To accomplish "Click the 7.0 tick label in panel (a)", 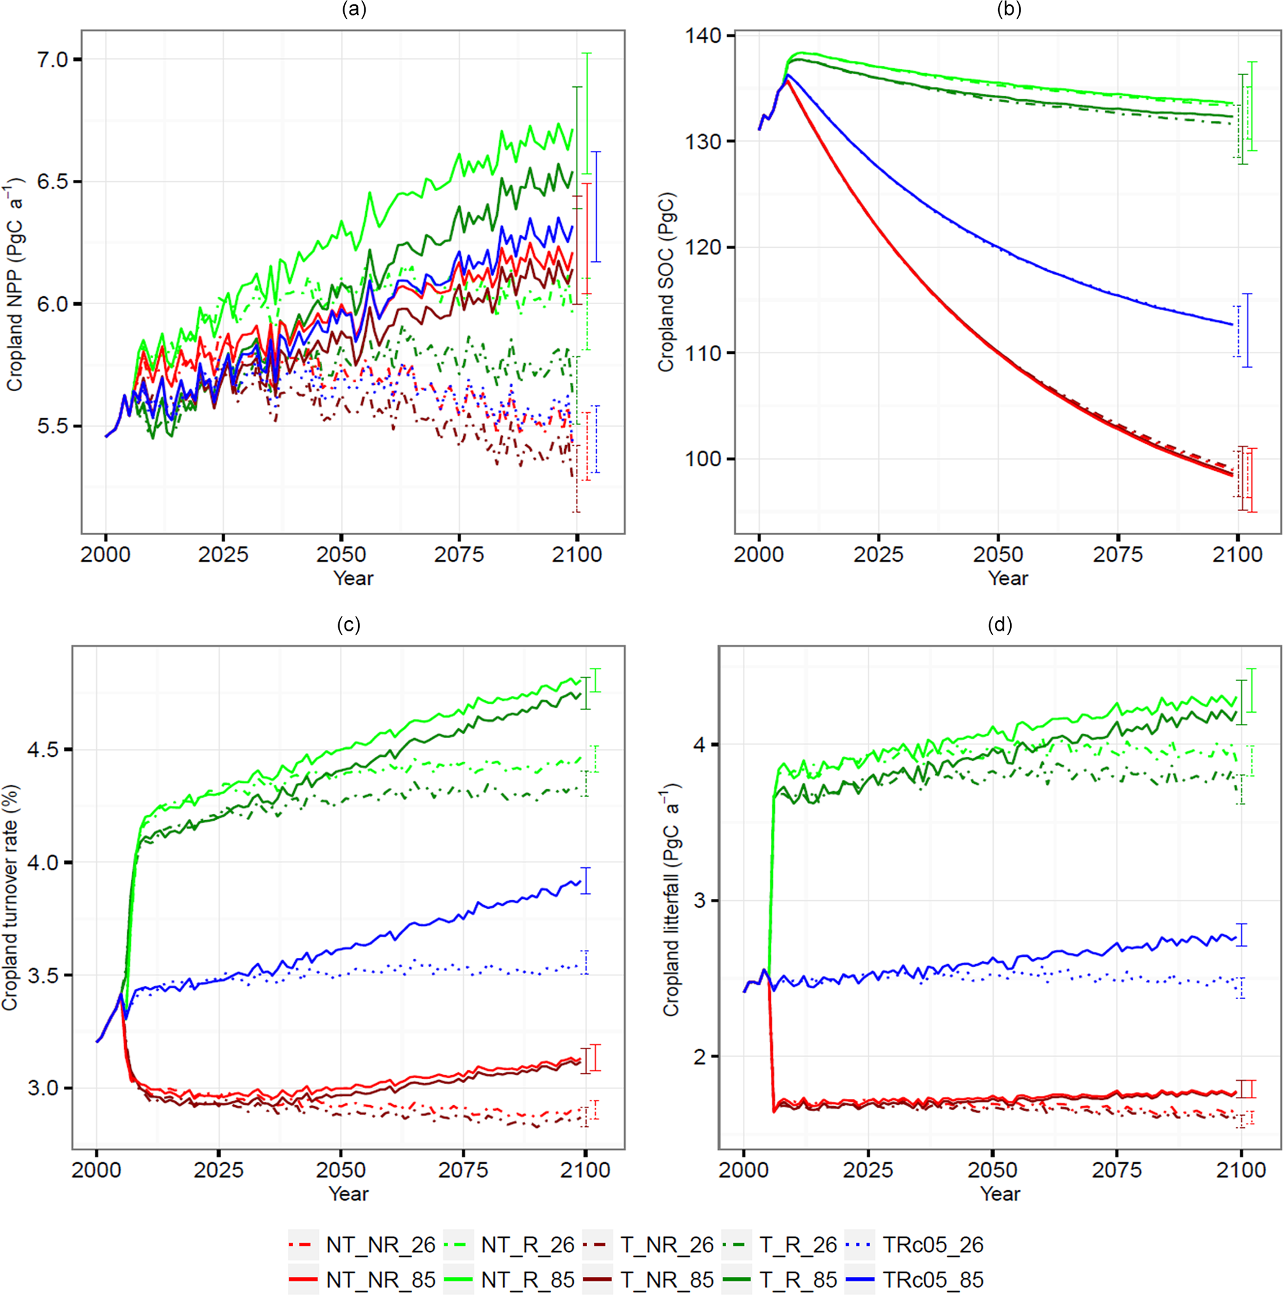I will click(x=52, y=60).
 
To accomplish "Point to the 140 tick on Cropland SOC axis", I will click(x=703, y=35).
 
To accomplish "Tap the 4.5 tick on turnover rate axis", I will click(x=43, y=749).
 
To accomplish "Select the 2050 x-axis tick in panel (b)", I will click(x=998, y=554).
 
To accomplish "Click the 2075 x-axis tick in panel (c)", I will click(x=463, y=1170).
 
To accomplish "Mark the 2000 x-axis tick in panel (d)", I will click(x=744, y=1170).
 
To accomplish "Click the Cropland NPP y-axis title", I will click(x=15, y=285).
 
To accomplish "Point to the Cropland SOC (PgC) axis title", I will click(x=665, y=281).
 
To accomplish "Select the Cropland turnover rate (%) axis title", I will click(x=9, y=898).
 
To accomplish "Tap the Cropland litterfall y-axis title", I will click(x=671, y=899).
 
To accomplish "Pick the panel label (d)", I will click(x=999, y=625).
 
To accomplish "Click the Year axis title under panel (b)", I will click(x=1007, y=578).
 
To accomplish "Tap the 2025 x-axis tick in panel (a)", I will click(x=223, y=554).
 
